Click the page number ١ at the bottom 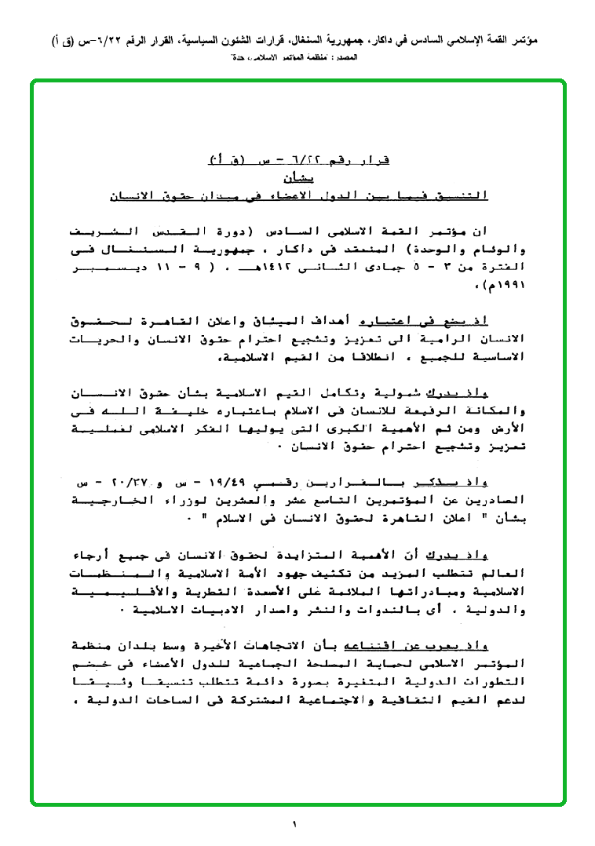[x=295, y=824]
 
